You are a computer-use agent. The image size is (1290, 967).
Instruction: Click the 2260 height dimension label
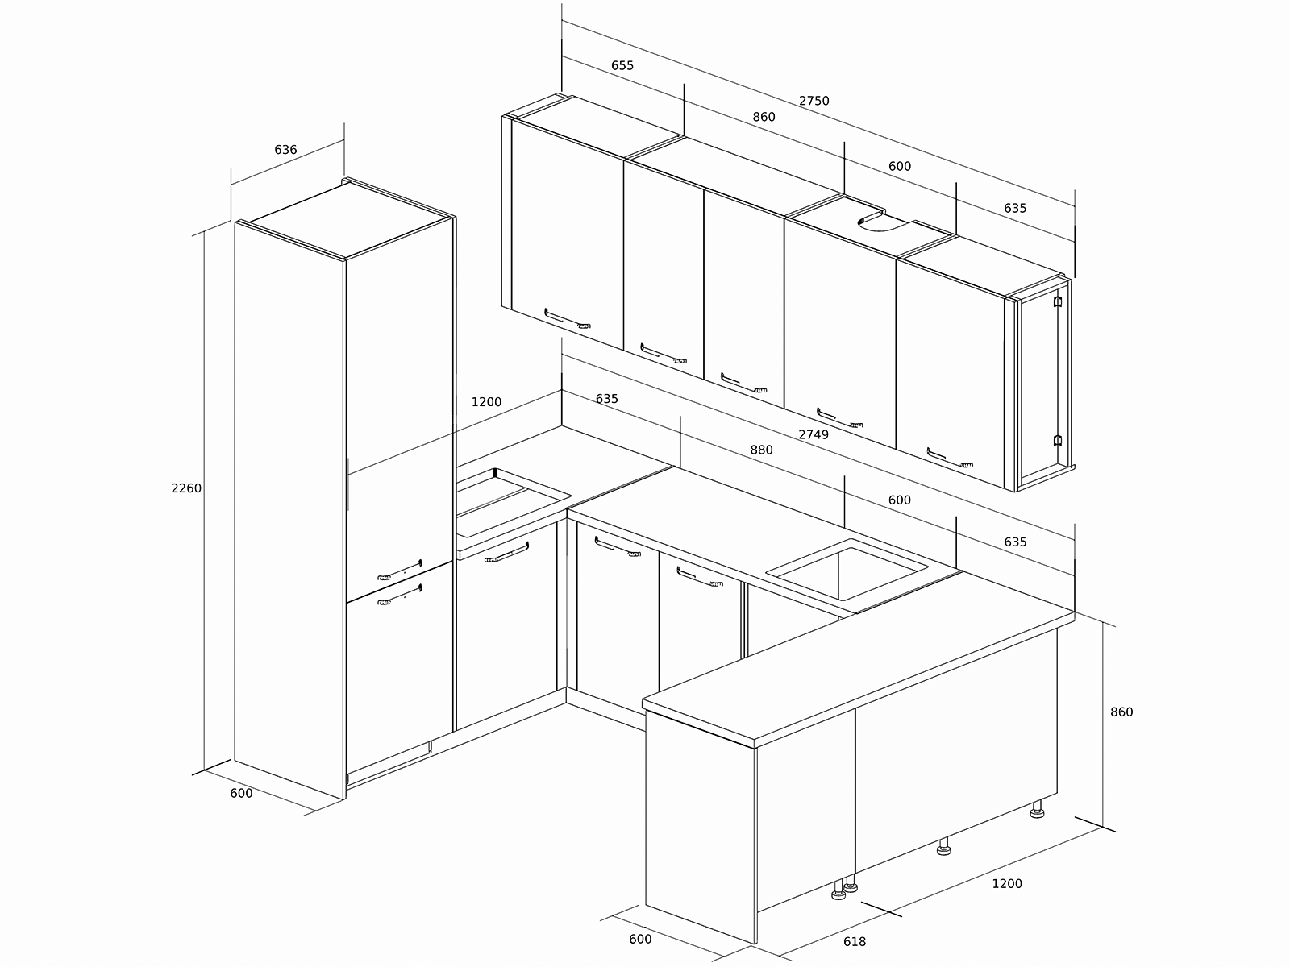[x=186, y=488]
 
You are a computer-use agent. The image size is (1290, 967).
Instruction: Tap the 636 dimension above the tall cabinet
[x=285, y=150]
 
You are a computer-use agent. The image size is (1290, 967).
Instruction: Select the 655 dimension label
[x=622, y=65]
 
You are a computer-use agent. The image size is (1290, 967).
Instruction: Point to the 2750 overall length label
[x=814, y=101]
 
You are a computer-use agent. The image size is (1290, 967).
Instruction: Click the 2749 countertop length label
[x=814, y=434]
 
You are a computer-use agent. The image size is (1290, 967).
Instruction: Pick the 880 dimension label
[x=761, y=450]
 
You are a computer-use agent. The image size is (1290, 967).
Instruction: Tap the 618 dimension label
[x=855, y=942]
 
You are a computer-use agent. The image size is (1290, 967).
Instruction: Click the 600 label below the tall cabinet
[x=241, y=793]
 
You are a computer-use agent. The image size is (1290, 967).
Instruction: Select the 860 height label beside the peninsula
[x=1121, y=712]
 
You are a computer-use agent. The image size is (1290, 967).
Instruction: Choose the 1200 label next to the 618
[x=1007, y=884]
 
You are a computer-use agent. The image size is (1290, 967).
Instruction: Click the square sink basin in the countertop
[x=847, y=571]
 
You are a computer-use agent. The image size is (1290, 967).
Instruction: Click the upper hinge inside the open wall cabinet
[x=1058, y=301]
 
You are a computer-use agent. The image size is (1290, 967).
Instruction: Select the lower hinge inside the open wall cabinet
[x=1057, y=440]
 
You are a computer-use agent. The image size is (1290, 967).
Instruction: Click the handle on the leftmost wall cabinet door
[x=567, y=319]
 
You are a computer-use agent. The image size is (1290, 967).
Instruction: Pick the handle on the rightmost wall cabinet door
[x=949, y=459]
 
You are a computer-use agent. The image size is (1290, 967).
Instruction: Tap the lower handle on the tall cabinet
[x=400, y=595]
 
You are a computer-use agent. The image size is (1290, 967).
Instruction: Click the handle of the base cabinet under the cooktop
[x=506, y=553]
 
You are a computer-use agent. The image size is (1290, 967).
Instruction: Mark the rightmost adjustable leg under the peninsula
[x=1038, y=810]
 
